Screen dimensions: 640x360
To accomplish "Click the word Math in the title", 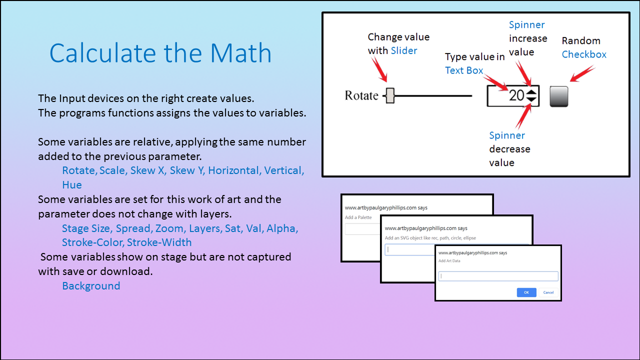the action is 240,53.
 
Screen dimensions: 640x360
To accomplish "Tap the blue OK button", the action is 526,292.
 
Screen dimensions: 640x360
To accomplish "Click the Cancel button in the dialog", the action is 548,292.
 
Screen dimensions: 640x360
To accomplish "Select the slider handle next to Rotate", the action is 390,95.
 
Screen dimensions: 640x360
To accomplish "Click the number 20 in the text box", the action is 516,95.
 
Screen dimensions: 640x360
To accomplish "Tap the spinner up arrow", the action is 531,92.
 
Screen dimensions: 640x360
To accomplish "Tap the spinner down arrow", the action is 531,99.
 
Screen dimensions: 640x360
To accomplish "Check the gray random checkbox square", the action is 559,96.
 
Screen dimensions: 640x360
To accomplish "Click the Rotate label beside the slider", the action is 361,95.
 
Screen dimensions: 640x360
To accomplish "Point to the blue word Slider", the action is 403,50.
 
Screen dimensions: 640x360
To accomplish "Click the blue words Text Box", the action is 464,70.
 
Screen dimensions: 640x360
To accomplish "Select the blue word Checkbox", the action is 584,54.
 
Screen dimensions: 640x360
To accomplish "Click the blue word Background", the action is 91,285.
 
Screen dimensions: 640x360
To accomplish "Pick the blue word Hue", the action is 72,185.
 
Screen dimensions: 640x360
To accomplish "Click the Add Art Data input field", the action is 498,276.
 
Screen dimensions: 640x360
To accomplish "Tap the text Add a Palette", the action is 358,217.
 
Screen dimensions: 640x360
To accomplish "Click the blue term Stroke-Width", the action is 159,242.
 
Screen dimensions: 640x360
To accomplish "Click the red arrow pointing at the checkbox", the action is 582,73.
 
